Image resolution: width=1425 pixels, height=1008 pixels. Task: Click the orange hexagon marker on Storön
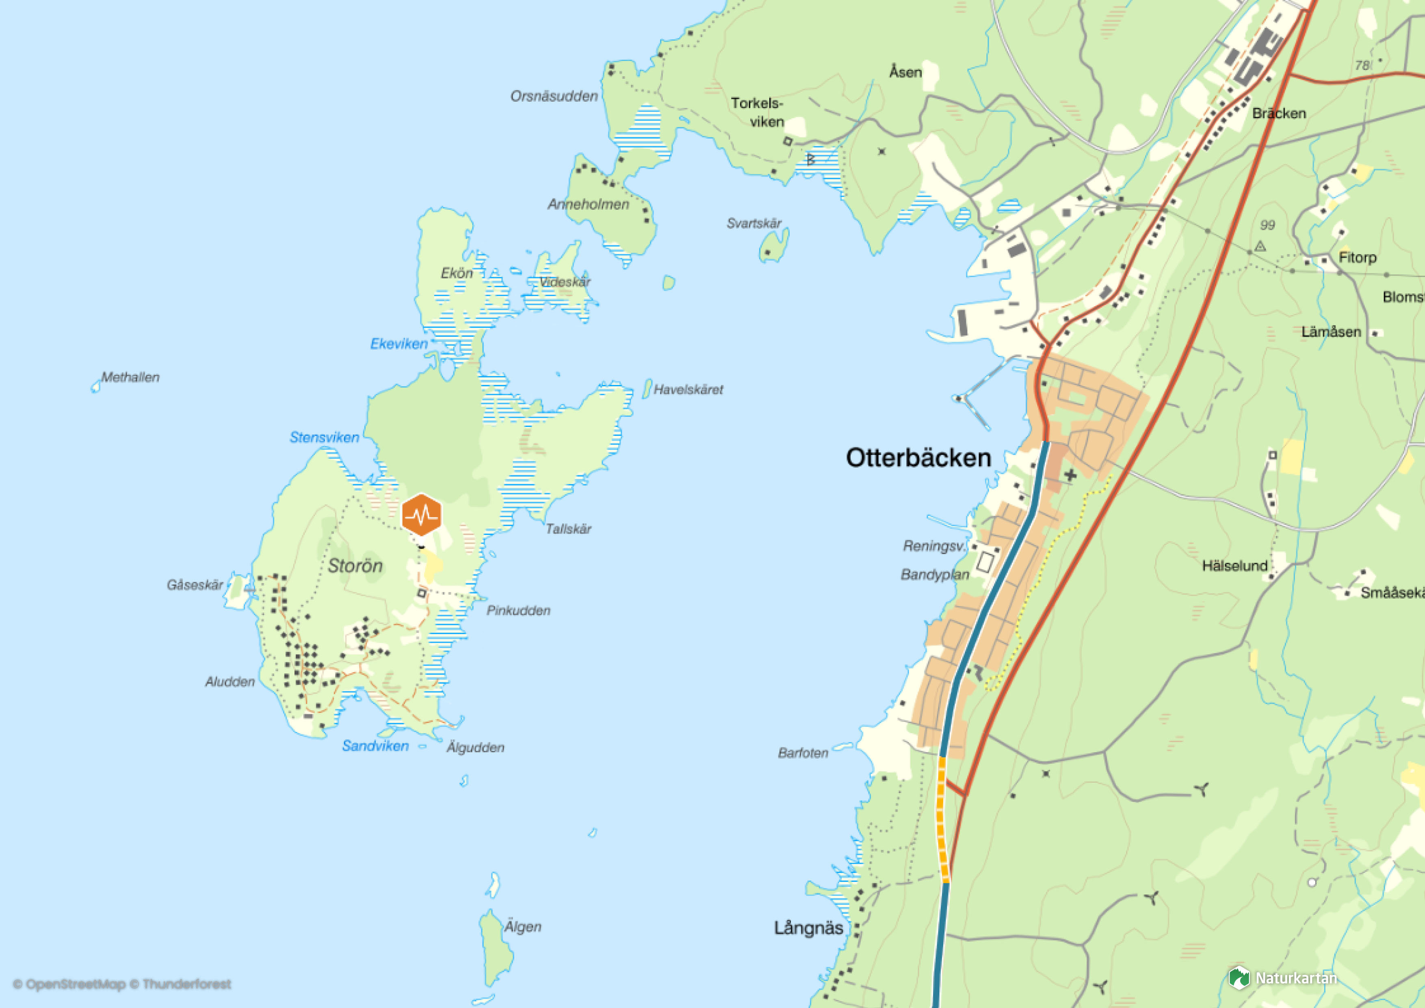pos(421,515)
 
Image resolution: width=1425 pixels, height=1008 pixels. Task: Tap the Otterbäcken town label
pos(918,458)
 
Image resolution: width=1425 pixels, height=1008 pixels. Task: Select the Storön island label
pos(355,566)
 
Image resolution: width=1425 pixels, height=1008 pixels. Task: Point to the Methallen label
pos(130,377)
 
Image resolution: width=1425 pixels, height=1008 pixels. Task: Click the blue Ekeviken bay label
pos(398,344)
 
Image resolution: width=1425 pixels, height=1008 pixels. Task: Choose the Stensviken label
pos(324,437)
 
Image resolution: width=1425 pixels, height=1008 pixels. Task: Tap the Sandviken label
pos(375,746)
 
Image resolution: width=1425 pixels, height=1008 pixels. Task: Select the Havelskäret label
pos(688,390)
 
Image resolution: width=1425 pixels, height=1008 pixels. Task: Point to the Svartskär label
pos(754,223)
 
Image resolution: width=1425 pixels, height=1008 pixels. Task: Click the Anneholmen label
pos(588,205)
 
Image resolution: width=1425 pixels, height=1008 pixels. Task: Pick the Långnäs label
pos(808,928)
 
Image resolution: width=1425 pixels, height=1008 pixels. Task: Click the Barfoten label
pos(803,753)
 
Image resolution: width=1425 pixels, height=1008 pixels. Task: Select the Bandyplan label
pos(934,575)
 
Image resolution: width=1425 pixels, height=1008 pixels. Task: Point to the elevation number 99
pos(1267,225)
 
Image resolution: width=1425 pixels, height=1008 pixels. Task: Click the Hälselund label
pos(1234,566)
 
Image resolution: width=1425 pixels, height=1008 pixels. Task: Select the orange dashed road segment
pos(942,820)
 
